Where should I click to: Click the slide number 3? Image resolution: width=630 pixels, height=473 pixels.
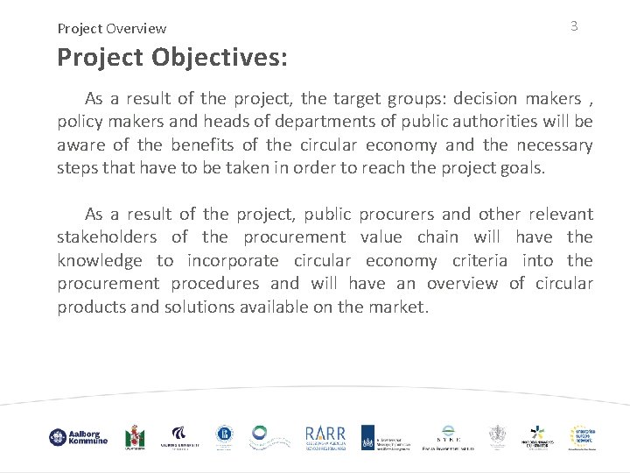pyautogui.click(x=574, y=26)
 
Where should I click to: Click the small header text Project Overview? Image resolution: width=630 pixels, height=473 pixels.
pyautogui.click(x=112, y=29)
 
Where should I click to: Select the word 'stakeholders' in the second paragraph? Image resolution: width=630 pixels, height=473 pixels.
pyautogui.click(x=108, y=237)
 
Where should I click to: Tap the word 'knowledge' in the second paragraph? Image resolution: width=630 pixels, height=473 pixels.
pyautogui.click(x=100, y=261)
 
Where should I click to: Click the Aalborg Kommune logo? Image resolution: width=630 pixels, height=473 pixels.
pyautogui.click(x=78, y=437)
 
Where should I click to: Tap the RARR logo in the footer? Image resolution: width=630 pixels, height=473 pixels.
pyautogui.click(x=325, y=437)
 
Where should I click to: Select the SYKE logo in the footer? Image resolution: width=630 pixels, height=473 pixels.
pyautogui.click(x=447, y=437)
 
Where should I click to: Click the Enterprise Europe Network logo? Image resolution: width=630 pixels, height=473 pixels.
pyautogui.click(x=584, y=437)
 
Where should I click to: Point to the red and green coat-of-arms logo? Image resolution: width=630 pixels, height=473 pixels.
pyautogui.click(x=135, y=437)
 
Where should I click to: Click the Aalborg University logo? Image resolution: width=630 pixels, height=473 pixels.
pyautogui.click(x=179, y=437)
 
